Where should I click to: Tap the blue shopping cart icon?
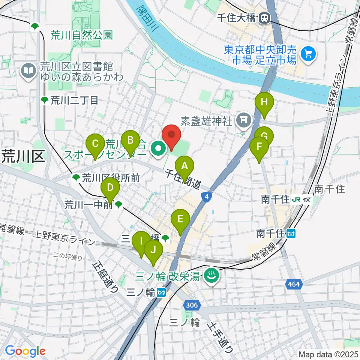(x=308, y=54)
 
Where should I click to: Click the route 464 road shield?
(x=294, y=284)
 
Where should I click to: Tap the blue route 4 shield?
(x=205, y=196)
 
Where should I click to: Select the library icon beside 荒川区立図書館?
(x=28, y=70)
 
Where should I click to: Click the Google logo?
(x=25, y=351)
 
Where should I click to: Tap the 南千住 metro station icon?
(x=291, y=234)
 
